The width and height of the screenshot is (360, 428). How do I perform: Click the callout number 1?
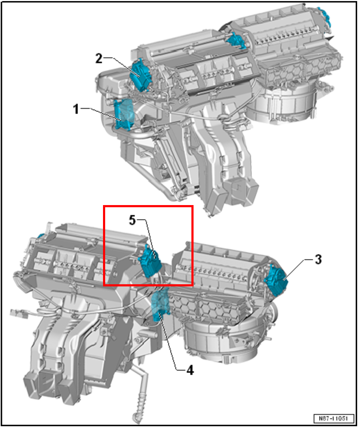pyautogui.click(x=76, y=109)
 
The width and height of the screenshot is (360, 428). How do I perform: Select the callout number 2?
pyautogui.click(x=99, y=58)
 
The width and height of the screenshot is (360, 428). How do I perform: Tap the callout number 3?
pyautogui.click(x=318, y=260)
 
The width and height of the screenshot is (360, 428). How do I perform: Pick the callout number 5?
pyautogui.click(x=132, y=220)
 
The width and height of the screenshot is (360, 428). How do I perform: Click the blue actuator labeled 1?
pyautogui.click(x=124, y=114)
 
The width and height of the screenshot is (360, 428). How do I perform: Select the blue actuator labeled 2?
pyautogui.click(x=140, y=75)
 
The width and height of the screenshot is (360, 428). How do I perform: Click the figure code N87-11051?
pyautogui.click(x=334, y=418)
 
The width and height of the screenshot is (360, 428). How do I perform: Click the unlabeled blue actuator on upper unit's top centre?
pyautogui.click(x=236, y=40)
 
